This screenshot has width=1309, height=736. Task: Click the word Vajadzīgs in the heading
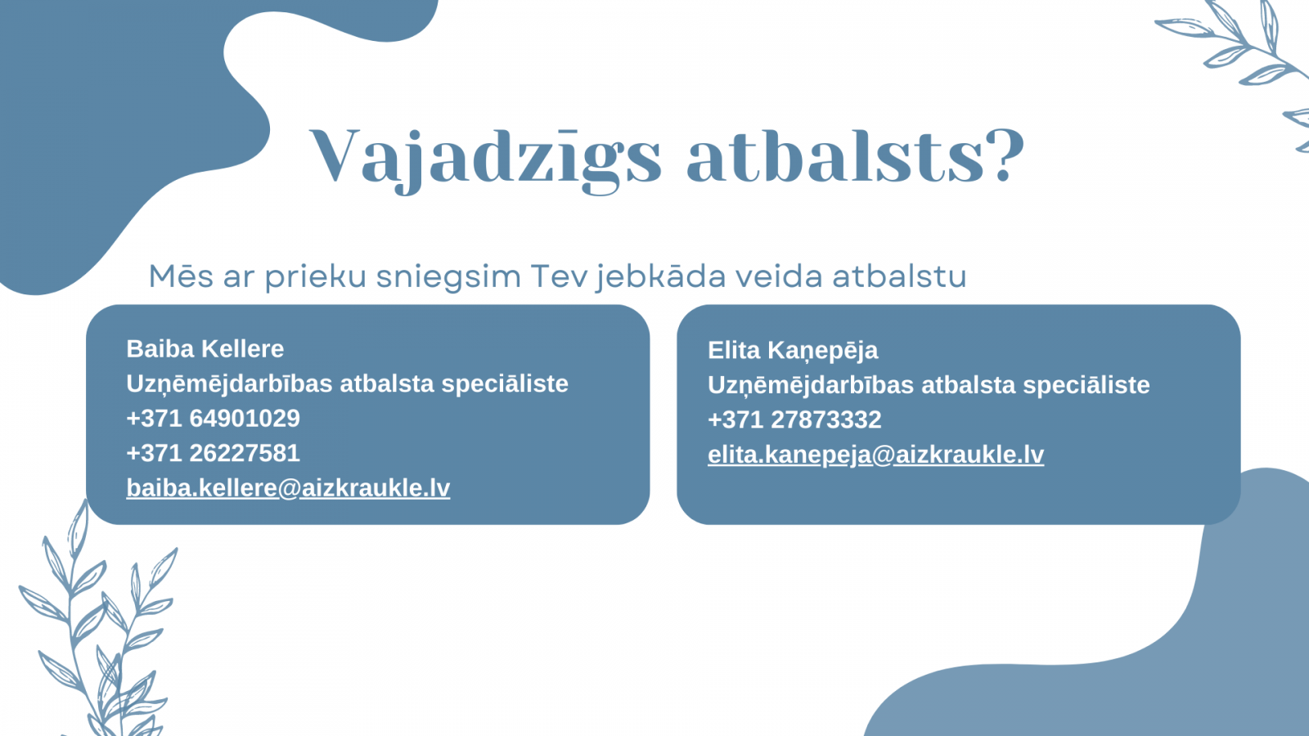tap(485, 159)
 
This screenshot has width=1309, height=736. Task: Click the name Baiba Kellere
tap(205, 348)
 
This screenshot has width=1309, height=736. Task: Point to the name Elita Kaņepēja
tap(793, 351)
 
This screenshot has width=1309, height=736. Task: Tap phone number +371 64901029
tap(214, 418)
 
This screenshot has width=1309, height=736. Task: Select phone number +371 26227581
tap(214, 453)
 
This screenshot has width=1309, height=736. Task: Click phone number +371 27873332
tap(794, 420)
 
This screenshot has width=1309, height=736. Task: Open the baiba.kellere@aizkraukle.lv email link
tap(288, 487)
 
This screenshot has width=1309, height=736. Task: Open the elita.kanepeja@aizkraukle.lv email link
tap(876, 455)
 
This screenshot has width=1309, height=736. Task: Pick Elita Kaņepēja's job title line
tap(929, 386)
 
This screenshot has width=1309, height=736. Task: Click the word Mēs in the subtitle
tap(181, 276)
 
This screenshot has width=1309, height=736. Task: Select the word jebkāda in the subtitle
tap(661, 277)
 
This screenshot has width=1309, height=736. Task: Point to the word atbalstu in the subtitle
tap(899, 276)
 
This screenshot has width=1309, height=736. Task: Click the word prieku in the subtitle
tap(316, 277)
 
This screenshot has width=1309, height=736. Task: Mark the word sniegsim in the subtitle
tap(448, 277)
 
